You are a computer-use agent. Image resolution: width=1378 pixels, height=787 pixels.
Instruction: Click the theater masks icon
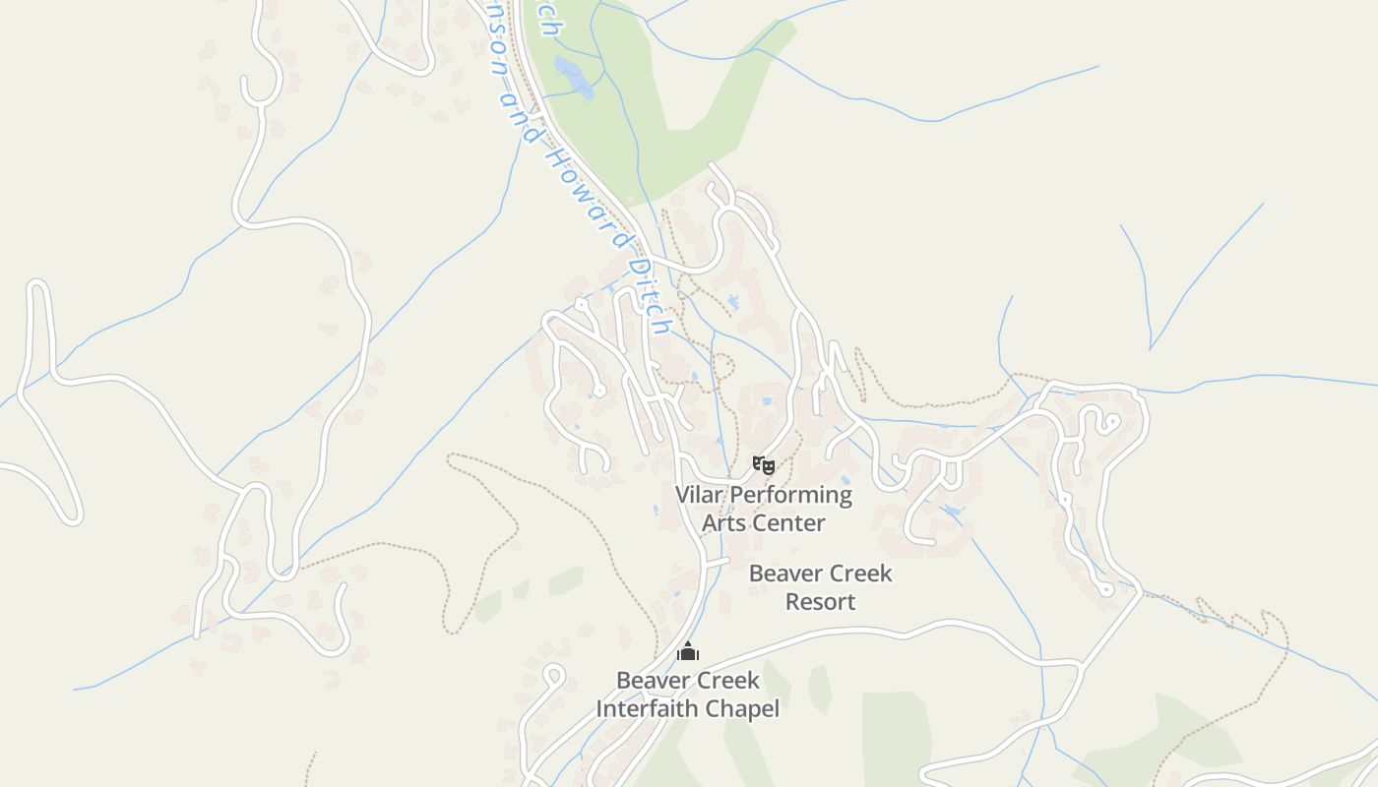[764, 463]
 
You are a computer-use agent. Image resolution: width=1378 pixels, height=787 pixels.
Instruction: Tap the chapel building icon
[688, 651]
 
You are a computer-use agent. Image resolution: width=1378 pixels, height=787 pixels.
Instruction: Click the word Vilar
[701, 494]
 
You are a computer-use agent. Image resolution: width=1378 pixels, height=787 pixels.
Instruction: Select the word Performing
[791, 494]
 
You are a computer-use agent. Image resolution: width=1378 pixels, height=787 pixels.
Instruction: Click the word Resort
[820, 601]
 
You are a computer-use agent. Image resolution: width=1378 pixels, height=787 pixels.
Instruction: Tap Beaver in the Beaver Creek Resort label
[784, 573]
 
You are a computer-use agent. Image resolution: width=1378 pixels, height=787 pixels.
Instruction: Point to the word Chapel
[745, 708]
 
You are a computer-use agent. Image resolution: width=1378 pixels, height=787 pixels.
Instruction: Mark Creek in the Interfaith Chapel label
[726, 680]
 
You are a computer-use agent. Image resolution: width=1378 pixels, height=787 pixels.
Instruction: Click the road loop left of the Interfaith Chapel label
[553, 676]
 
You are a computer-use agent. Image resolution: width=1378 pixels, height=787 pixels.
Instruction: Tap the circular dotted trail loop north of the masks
[722, 367]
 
